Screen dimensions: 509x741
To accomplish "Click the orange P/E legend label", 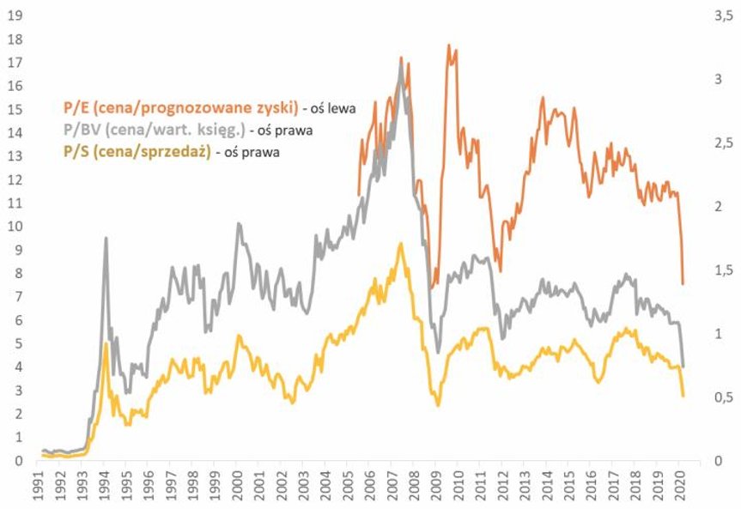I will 180,108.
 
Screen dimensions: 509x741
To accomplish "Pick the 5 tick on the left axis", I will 16,344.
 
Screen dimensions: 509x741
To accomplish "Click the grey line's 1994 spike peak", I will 106,239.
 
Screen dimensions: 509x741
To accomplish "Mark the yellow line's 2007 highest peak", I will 400,244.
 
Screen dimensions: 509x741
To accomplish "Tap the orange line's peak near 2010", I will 448,45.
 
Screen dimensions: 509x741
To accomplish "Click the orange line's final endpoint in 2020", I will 683,283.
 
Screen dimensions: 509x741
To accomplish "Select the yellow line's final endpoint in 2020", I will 683,396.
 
